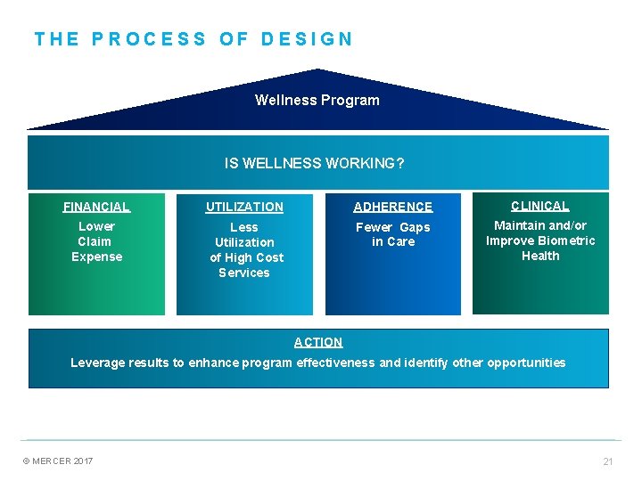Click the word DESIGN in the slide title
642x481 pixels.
[x=308, y=39]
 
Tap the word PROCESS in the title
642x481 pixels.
[x=149, y=39]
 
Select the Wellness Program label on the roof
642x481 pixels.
[x=317, y=100]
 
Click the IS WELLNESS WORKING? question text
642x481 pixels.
[x=315, y=163]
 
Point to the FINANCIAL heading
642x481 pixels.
[x=96, y=207]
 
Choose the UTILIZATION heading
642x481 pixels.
[x=244, y=207]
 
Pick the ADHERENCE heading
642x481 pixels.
[x=392, y=207]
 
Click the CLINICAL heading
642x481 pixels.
[x=539, y=206]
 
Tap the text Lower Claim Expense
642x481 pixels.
[x=96, y=241]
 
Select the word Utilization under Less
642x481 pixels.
[x=244, y=242]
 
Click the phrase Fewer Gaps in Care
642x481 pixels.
[x=392, y=234]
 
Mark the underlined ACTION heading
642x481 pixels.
[x=318, y=342]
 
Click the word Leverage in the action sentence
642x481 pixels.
[x=97, y=363]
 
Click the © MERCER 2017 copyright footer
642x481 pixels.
[x=58, y=461]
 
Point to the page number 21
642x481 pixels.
[x=608, y=461]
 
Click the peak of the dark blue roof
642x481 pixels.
[x=318, y=69]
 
